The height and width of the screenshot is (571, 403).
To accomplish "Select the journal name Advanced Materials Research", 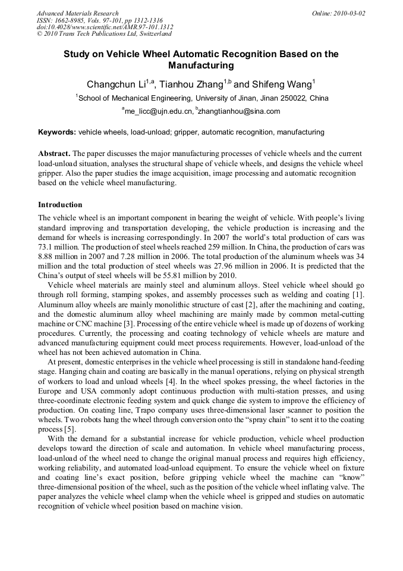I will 78,13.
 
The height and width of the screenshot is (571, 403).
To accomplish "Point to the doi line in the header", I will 105,27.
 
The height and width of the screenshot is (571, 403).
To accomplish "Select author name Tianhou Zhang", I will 190,84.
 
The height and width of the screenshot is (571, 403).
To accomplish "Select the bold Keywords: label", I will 57,132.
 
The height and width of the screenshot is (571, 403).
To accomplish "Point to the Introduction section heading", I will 60,205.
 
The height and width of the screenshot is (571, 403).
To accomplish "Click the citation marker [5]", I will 70,429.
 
